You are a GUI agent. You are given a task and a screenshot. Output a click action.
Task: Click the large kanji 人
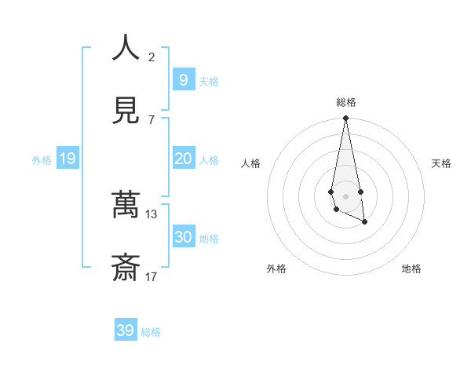(x=126, y=48)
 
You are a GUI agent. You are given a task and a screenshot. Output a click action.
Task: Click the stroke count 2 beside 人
(x=152, y=57)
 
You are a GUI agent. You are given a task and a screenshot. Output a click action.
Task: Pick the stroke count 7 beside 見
(x=152, y=119)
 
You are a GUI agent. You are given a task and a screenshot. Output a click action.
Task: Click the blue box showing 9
(x=183, y=79)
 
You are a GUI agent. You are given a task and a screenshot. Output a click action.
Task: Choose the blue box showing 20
(x=183, y=159)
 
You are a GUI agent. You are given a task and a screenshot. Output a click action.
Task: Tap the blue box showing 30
(x=183, y=237)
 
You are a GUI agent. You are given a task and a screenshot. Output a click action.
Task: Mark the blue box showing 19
(x=67, y=159)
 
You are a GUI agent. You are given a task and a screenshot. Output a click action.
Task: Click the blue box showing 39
(x=125, y=331)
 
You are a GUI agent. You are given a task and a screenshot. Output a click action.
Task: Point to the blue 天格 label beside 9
(x=209, y=82)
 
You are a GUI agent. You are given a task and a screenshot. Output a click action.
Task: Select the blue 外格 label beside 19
(x=42, y=160)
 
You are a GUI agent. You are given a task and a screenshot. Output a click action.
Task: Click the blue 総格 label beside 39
(x=151, y=332)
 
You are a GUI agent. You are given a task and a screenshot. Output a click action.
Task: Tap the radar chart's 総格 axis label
(x=346, y=102)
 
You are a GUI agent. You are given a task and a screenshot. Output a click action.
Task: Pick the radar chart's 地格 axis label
(x=411, y=269)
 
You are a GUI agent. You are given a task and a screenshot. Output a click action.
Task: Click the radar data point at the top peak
(x=345, y=119)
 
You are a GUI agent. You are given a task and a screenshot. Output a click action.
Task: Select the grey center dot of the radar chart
(x=345, y=195)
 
